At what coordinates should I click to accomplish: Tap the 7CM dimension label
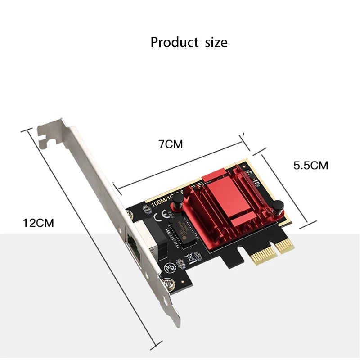pos(171,144)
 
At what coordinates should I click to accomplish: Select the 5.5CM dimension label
pos(310,165)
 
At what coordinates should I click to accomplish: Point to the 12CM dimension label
pos(38,222)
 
